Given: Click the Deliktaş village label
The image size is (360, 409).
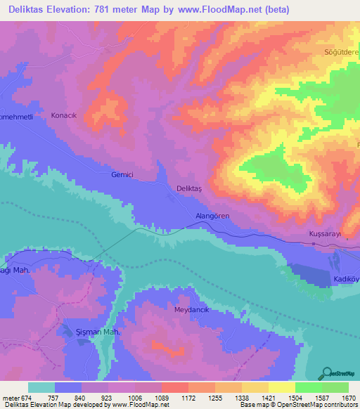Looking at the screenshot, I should coord(190,188).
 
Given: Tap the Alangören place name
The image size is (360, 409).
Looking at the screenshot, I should coord(212,217).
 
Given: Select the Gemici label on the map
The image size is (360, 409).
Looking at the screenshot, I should coord(122,175).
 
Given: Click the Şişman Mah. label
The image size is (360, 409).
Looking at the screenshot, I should coord(99,332).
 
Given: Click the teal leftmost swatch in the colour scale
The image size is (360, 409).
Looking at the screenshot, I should coord(41,387).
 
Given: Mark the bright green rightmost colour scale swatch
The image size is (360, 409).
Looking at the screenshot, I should coord(335,387).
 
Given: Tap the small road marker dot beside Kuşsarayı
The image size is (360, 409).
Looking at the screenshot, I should coord(314,244).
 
